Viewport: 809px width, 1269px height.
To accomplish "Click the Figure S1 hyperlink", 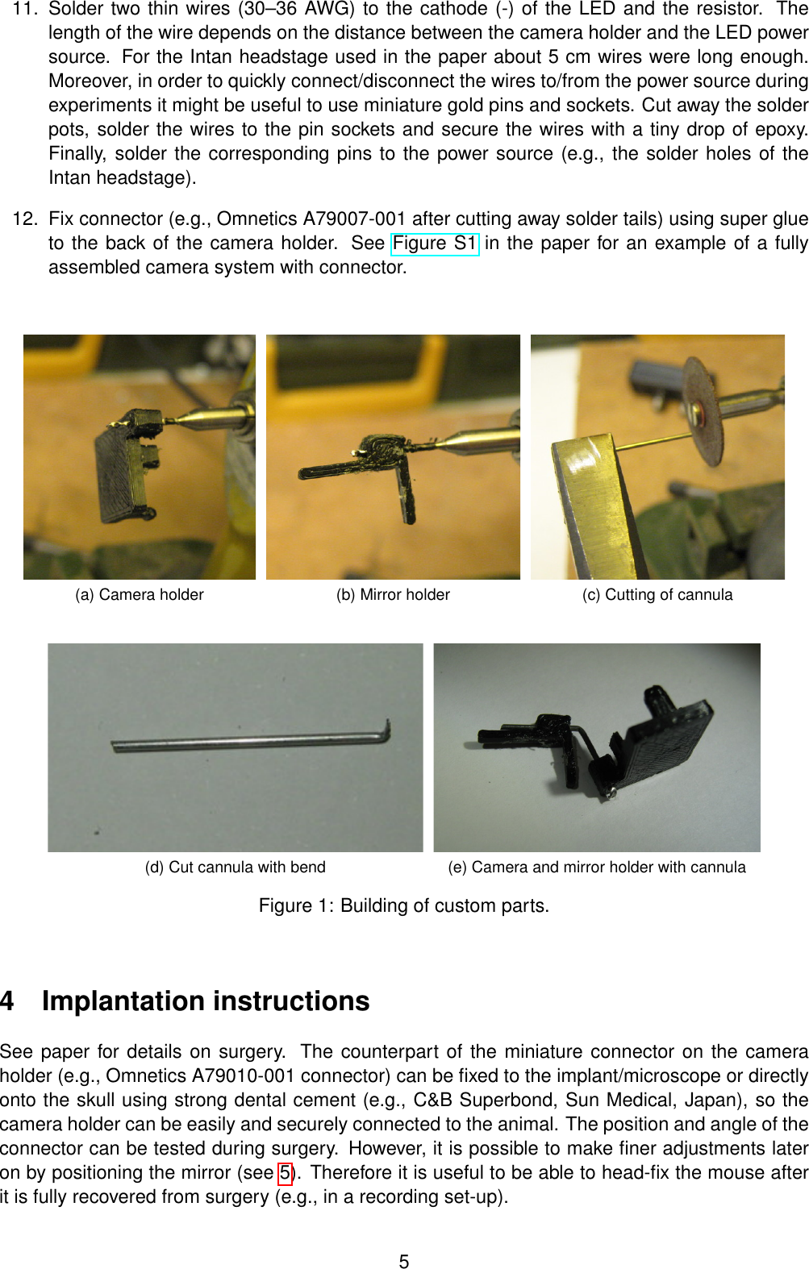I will coord(434,243).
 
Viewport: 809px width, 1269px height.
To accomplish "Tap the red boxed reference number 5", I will coord(285,1173).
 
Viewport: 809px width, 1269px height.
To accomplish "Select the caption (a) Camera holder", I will coord(139,595).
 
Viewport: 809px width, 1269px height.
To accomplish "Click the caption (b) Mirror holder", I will coord(393,595).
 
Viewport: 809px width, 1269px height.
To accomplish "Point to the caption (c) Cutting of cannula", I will coord(657,595).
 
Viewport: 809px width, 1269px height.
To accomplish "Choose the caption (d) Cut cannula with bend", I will coord(235,867).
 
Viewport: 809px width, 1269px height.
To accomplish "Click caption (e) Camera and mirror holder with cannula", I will coord(596,867).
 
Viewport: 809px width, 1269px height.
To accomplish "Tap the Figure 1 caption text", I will coord(403,906).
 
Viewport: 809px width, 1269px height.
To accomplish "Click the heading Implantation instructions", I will coord(206,1001).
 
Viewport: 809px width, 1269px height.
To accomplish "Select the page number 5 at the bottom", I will coord(404,1262).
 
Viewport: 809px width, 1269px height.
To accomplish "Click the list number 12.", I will coord(24,219).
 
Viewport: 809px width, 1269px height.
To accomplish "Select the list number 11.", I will coord(24,9).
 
